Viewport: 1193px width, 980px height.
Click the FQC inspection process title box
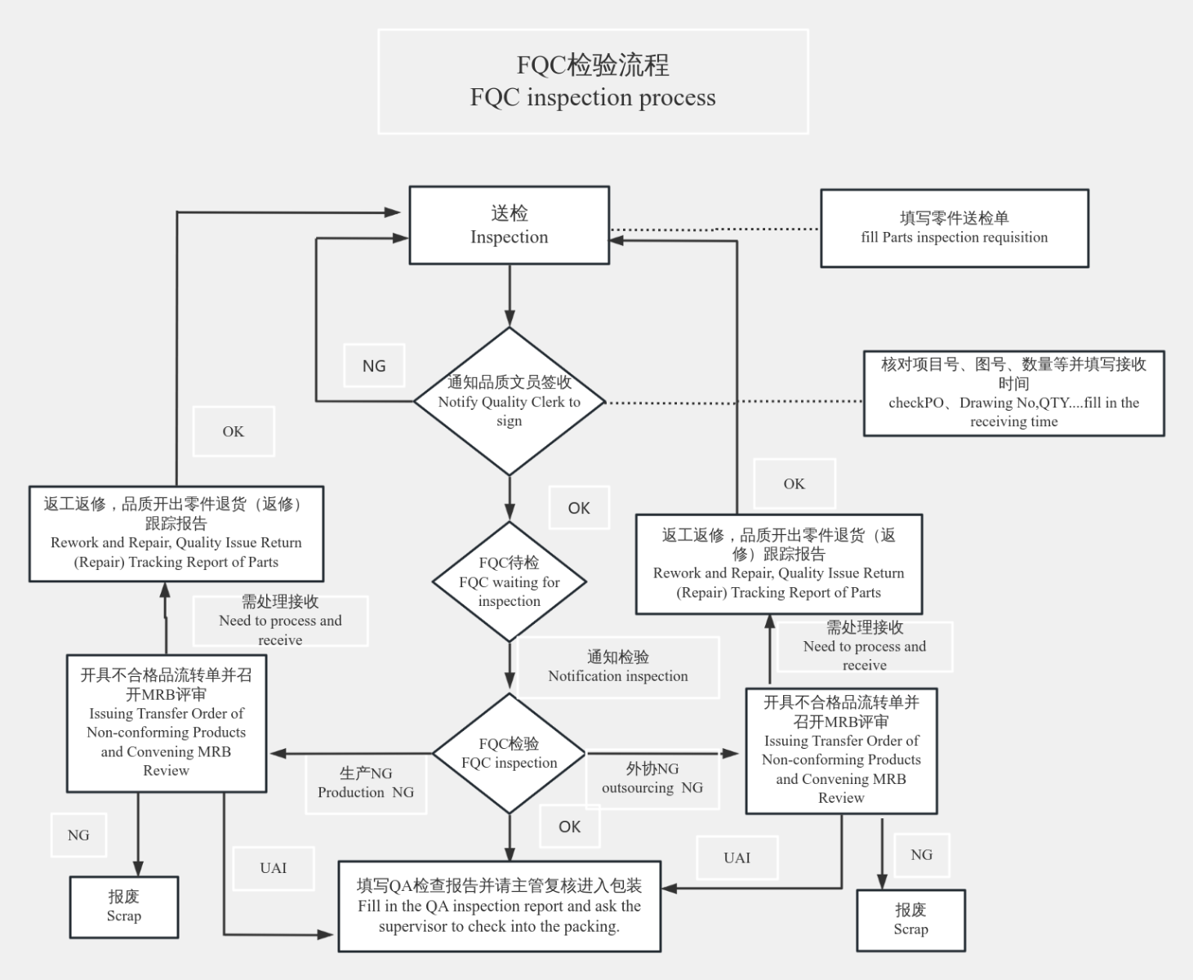pos(593,82)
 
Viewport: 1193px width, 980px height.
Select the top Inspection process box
pos(509,225)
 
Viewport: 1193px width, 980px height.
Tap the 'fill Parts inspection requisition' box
pos(954,229)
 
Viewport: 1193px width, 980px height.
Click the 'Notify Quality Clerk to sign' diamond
pos(509,401)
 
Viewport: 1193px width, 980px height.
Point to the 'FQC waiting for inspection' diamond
pos(509,581)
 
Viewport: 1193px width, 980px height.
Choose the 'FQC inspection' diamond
pos(509,753)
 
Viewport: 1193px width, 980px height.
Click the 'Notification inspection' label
pos(618,667)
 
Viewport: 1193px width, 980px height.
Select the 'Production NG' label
pos(366,783)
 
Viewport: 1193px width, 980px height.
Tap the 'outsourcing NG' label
pos(652,779)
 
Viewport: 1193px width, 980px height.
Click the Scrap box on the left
pos(124,906)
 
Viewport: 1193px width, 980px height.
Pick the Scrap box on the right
pos(910,920)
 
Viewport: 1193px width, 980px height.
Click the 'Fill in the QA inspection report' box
pos(499,906)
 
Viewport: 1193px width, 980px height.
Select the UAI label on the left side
pos(274,868)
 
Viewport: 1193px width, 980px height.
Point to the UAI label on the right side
pos(737,857)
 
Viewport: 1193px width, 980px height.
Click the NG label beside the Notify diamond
pos(374,366)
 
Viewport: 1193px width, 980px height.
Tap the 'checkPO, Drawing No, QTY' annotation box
pos(1013,393)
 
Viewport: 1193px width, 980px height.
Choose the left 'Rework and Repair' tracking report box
pos(176,534)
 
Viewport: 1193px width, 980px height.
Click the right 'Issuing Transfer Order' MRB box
pos(841,751)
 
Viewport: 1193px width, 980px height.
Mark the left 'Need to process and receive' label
pos(280,621)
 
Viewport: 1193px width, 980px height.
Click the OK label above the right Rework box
pos(794,483)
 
